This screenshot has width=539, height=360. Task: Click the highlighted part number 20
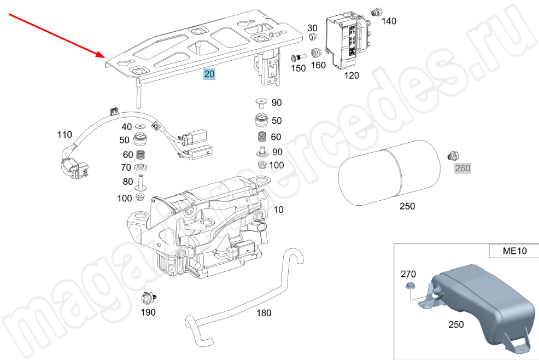point(210,74)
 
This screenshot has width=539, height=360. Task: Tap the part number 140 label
point(389,21)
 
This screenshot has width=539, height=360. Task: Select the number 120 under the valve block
point(351,76)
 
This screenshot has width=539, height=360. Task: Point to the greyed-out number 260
point(462,169)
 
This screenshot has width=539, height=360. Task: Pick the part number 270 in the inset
point(408,274)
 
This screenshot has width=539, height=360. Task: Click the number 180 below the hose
point(263,313)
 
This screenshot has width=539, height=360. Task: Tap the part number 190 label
point(148,312)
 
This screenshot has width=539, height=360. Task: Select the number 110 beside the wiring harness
point(65,134)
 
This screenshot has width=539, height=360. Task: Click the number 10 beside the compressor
point(279,210)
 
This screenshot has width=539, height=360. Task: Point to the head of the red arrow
point(103,56)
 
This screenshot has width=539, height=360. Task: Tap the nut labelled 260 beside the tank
point(452,156)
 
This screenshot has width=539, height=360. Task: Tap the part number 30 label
point(312,28)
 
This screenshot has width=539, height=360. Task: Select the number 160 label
point(318,65)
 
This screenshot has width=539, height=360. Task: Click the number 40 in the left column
point(126,127)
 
